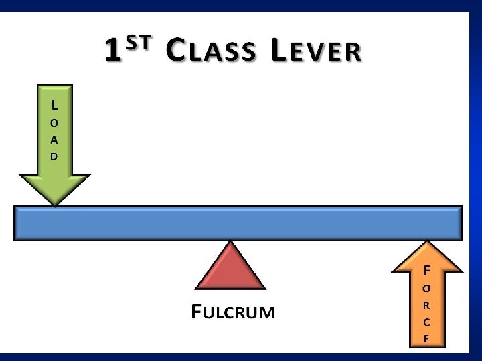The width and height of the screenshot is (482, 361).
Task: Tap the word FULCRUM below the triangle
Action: point(233,312)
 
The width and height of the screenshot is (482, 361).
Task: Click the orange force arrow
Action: point(426,294)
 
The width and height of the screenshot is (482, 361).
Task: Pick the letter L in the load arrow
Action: point(54,105)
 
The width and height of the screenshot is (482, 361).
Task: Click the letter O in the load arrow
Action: point(54,123)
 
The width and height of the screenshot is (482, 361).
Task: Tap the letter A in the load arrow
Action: point(54,140)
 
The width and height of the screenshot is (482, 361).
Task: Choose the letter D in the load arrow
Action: point(54,156)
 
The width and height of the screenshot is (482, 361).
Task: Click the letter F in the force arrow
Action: point(426,271)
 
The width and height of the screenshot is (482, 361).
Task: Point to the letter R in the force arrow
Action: point(426,305)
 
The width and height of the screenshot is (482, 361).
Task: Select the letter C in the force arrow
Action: point(426,322)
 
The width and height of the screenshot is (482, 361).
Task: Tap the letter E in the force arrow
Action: point(426,338)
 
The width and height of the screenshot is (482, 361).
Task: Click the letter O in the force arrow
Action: point(426,288)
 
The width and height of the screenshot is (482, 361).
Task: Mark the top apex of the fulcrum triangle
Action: point(232,242)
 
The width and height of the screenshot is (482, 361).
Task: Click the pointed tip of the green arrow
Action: point(54,204)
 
